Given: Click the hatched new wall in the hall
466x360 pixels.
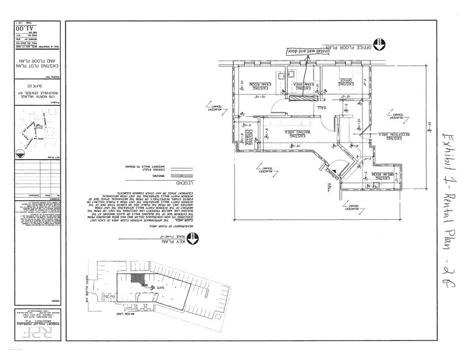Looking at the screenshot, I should click(300, 97).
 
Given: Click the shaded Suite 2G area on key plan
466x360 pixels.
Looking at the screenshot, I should click(142, 279).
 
